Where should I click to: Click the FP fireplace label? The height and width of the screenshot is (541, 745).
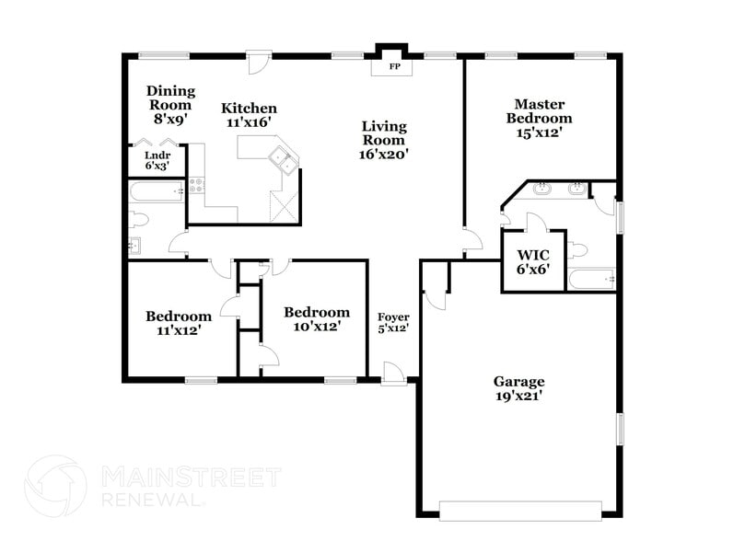pyautogui.click(x=394, y=67)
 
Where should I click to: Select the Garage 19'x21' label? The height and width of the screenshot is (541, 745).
pyautogui.click(x=518, y=388)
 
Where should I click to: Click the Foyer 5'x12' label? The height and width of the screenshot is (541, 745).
pyautogui.click(x=393, y=322)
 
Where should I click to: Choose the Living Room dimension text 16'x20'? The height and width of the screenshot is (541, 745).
pyautogui.click(x=383, y=155)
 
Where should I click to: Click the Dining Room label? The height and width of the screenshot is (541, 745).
pyautogui.click(x=172, y=98)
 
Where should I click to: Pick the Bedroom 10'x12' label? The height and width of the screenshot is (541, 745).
pyautogui.click(x=316, y=318)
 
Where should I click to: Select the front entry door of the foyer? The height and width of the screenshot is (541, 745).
pyautogui.click(x=394, y=374)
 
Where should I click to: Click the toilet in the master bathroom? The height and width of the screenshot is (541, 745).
pyautogui.click(x=577, y=248)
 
